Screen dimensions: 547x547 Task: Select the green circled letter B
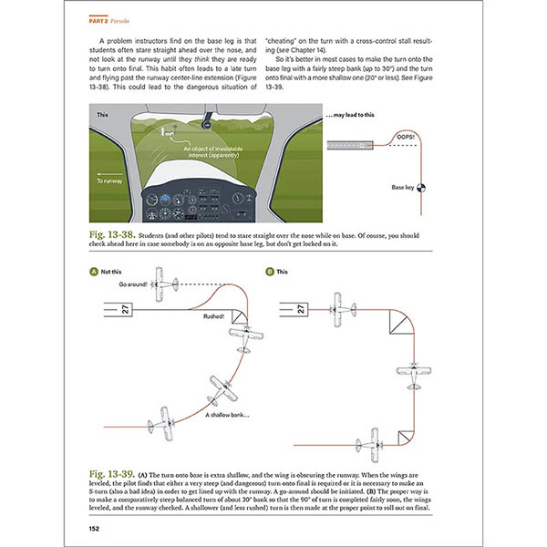(x=270, y=272)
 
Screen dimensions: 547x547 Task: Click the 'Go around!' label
(x=133, y=284)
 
